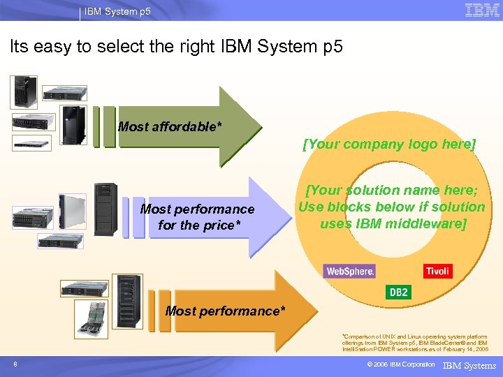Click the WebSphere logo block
(x=349, y=271)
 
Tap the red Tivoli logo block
(x=437, y=270)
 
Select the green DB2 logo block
(x=398, y=292)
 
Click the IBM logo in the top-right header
(x=481, y=10)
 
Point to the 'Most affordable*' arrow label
(x=170, y=126)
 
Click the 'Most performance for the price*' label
(x=197, y=216)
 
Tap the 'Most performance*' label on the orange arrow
(x=225, y=311)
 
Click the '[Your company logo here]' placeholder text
(x=389, y=145)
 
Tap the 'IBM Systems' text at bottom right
(x=469, y=365)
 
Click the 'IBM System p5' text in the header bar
(x=117, y=12)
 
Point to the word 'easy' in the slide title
(x=53, y=47)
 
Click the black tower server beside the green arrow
(x=74, y=125)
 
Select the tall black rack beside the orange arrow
(x=129, y=302)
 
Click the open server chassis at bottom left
(x=92, y=319)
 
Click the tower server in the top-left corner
(x=23, y=91)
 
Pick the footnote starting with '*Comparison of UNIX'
(x=415, y=342)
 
